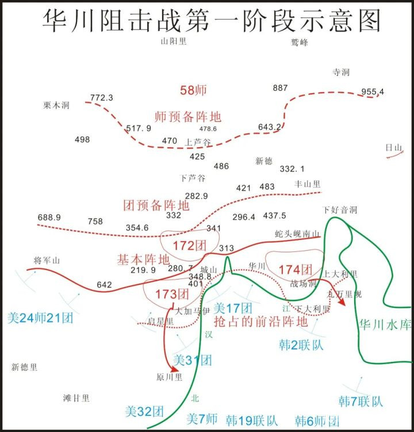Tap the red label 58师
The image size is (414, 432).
[193, 90]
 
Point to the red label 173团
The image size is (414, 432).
[172, 294]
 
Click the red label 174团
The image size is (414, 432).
[296, 269]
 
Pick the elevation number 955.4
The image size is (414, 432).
[373, 91]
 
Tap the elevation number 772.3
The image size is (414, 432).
[102, 98]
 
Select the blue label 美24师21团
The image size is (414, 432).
[40, 317]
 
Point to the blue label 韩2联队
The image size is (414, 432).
[298, 345]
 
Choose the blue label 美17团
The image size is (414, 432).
[233, 308]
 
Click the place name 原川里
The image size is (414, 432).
[169, 377]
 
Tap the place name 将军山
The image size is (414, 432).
[47, 261]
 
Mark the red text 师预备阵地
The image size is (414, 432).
[187, 116]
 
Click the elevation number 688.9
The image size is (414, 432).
[49, 217]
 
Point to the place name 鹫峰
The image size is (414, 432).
[300, 42]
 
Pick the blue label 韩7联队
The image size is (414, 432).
[361, 401]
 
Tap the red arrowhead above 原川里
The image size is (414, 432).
[173, 369]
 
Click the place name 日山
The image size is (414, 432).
[394, 148]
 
